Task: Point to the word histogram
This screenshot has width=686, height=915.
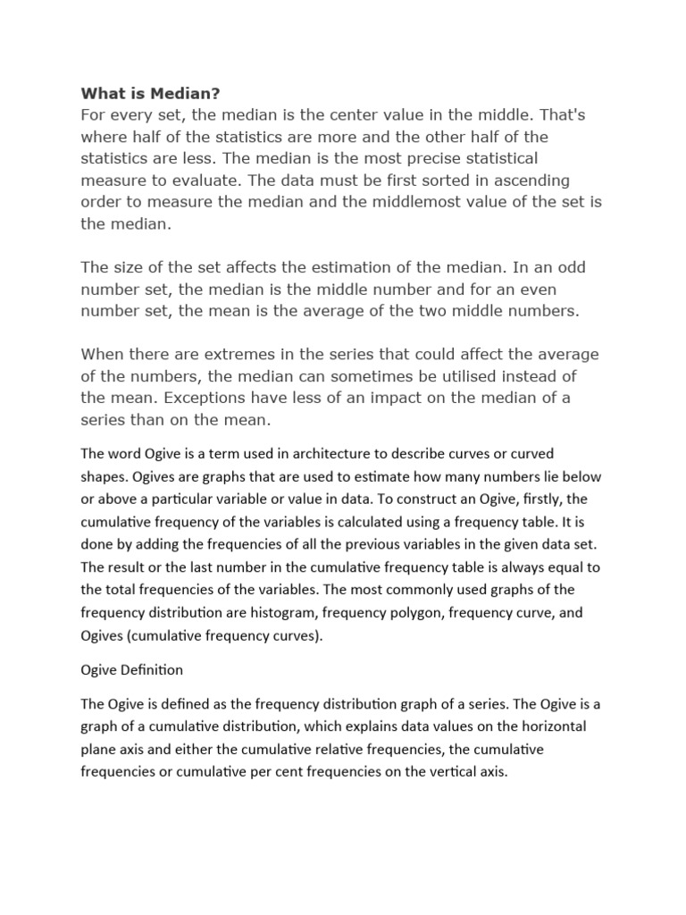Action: click(283, 613)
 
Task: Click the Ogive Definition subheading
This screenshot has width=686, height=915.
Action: click(132, 669)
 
